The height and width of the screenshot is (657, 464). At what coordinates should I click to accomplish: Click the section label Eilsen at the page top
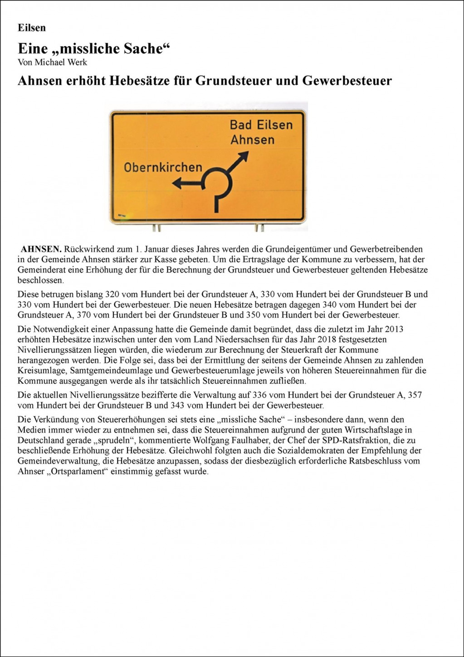(x=32, y=28)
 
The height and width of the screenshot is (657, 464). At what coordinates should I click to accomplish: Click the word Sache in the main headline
(x=144, y=49)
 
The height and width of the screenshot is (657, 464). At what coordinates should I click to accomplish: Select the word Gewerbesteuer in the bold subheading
(x=347, y=81)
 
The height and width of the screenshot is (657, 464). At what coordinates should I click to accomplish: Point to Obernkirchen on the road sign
(x=163, y=167)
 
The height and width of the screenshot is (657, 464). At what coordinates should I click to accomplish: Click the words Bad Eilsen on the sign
(x=261, y=125)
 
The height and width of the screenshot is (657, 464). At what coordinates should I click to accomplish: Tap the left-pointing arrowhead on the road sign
(x=177, y=183)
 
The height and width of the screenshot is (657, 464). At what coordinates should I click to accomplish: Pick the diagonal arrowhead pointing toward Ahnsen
(x=244, y=156)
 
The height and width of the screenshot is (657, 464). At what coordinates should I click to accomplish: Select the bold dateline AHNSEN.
(x=41, y=249)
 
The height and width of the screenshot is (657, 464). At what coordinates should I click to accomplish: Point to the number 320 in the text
(x=112, y=294)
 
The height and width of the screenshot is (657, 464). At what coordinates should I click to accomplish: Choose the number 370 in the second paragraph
(x=84, y=315)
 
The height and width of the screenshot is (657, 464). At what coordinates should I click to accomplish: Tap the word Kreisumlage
(x=39, y=371)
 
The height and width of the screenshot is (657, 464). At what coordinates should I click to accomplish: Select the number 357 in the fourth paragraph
(x=415, y=395)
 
